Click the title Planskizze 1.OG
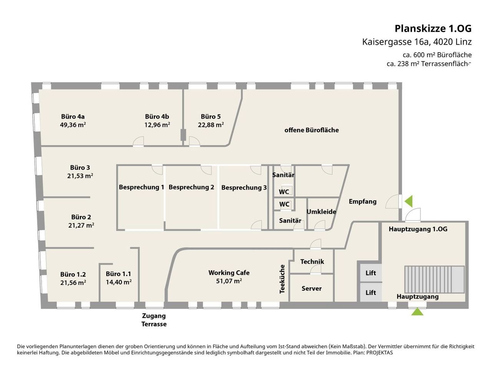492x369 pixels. click(x=433, y=28)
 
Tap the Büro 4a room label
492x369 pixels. click(x=73, y=116)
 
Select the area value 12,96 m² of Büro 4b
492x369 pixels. click(x=157, y=125)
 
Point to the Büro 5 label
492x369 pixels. click(x=211, y=116)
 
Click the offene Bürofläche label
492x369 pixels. click(x=312, y=130)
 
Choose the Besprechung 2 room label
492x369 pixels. click(x=191, y=187)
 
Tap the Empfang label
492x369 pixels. click(x=362, y=201)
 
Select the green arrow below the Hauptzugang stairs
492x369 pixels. click(x=417, y=312)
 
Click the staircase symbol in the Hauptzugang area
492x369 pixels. click(x=434, y=279)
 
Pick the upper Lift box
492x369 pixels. click(x=371, y=273)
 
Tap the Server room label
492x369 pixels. click(x=312, y=288)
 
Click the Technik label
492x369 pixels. click(x=312, y=261)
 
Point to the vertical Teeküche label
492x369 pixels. click(x=282, y=279)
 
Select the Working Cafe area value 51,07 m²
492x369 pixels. click(x=229, y=281)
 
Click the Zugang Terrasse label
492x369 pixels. click(x=154, y=320)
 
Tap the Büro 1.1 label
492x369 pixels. click(x=118, y=274)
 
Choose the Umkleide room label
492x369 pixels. click(x=321, y=212)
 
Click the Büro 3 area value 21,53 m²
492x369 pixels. click(x=80, y=176)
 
